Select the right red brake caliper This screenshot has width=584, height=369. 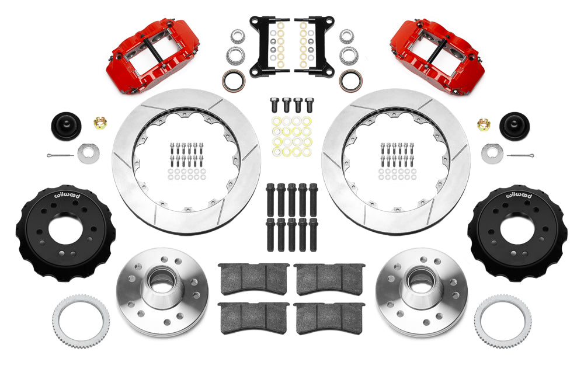click(437, 55)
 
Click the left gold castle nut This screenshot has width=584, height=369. click(100, 123)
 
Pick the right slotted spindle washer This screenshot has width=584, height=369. click(492, 153)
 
